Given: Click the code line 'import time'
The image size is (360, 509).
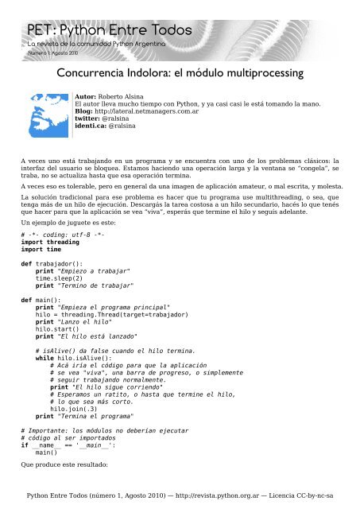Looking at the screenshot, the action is [x=44, y=254].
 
